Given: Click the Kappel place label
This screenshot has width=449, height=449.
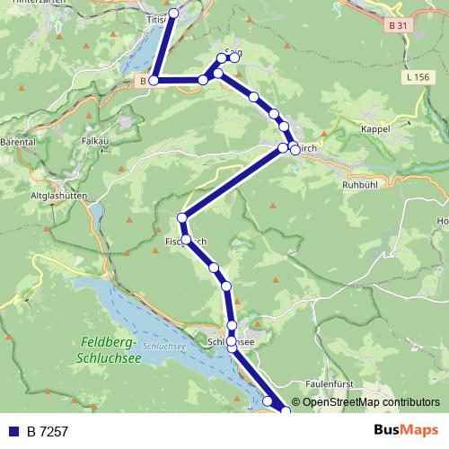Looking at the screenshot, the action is click(x=374, y=129).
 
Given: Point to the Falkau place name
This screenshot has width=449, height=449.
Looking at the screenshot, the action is click(x=94, y=141).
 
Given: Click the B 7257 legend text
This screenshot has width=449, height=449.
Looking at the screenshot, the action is click(x=48, y=431).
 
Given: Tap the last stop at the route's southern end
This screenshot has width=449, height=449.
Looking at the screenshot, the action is click(x=286, y=410).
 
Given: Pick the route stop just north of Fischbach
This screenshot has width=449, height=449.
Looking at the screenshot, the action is click(x=182, y=217).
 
